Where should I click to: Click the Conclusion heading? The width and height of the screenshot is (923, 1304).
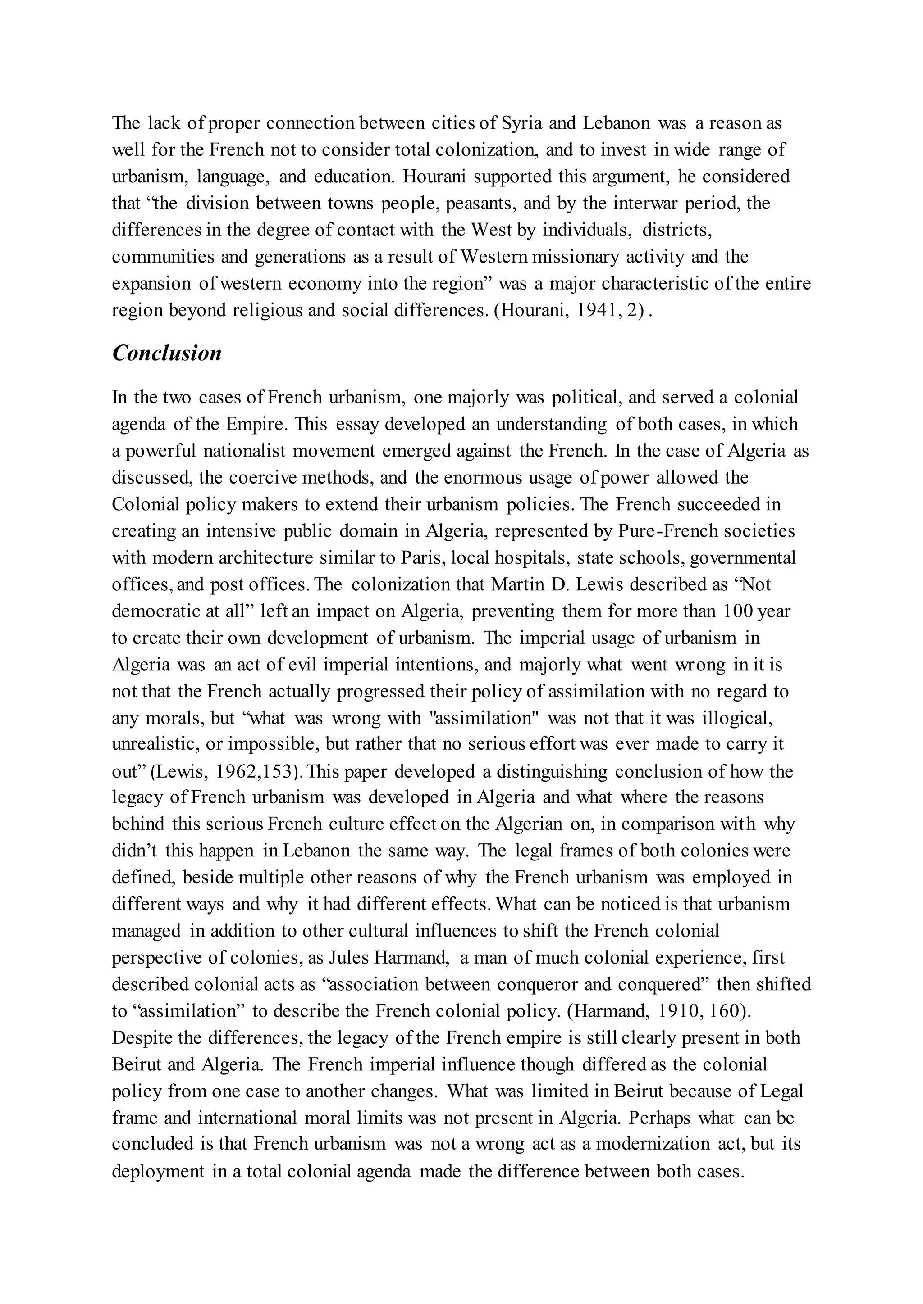point(166,353)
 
